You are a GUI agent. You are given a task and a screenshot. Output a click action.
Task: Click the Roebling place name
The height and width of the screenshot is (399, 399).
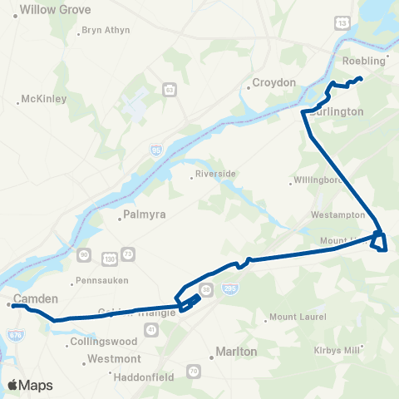[x=364, y=62]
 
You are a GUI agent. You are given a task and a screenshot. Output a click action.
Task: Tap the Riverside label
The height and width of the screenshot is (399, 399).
[x=215, y=174]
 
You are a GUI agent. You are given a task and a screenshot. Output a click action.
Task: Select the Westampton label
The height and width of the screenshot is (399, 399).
[x=337, y=214]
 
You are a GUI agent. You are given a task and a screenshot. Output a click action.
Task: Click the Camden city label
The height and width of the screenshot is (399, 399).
[x=35, y=298]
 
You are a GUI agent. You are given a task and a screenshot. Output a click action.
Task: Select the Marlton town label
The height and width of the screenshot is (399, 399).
[x=235, y=352]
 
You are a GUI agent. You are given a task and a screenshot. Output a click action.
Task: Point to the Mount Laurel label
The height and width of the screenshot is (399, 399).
[x=298, y=318]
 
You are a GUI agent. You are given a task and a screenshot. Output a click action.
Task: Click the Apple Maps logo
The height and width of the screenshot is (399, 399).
[x=31, y=385]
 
